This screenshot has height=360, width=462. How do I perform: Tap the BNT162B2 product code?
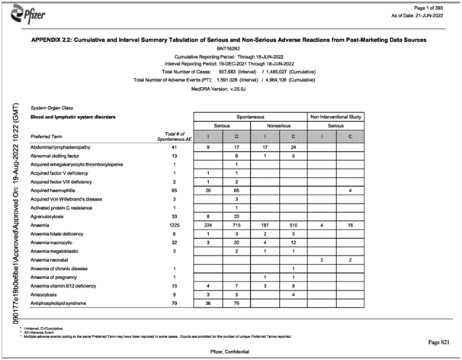[230, 47]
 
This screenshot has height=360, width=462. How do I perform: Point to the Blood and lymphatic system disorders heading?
[73, 117]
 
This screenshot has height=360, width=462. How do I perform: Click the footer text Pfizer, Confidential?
[230, 351]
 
